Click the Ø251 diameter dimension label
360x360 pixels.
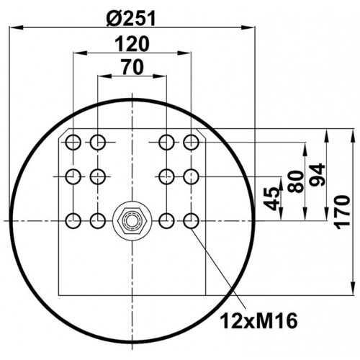pos(131,19)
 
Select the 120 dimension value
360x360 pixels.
pos(132,44)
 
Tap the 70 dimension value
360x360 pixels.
pos(132,68)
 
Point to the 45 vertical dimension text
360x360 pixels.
pos(271,199)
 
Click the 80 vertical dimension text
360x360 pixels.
pos(295,181)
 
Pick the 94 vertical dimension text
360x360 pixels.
pos(317,174)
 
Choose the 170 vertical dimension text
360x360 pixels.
pos(343,212)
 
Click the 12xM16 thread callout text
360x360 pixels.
pos(258,321)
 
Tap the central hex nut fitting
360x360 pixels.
pos(132,220)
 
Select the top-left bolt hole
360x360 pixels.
pos(73,143)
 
